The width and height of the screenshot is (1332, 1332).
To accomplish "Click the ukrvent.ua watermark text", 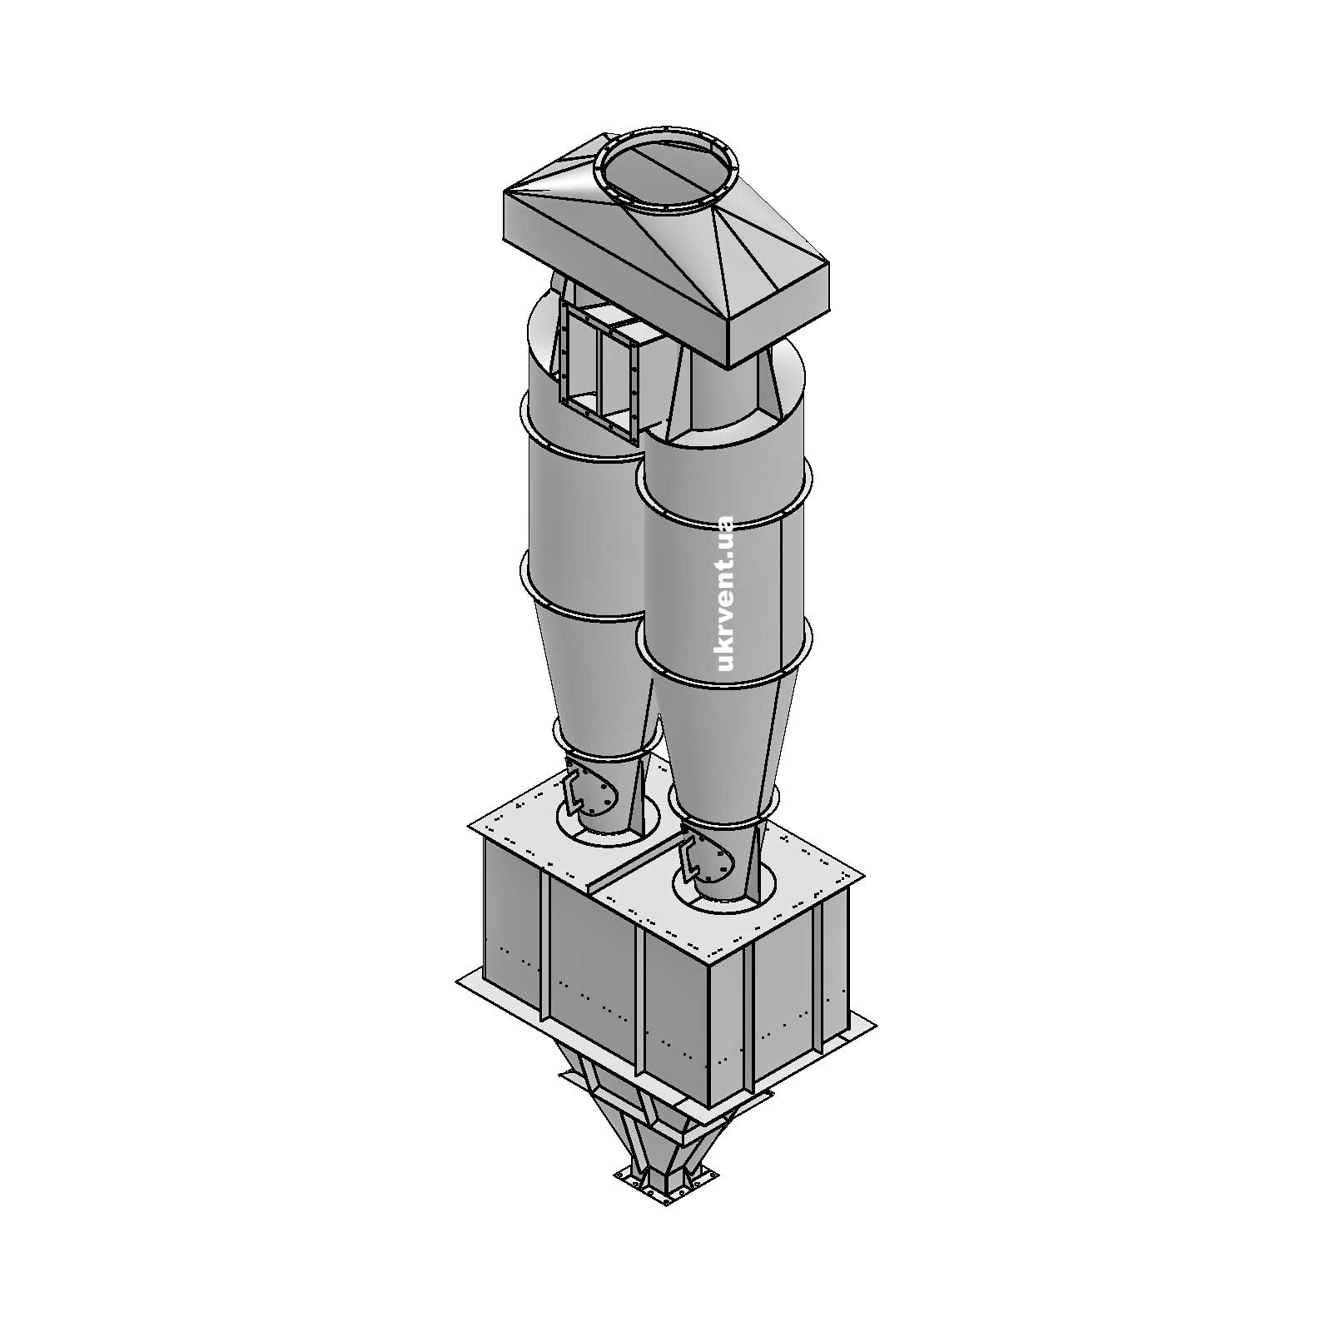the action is (724, 593).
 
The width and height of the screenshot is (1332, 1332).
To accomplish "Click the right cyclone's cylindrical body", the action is (724, 583).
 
